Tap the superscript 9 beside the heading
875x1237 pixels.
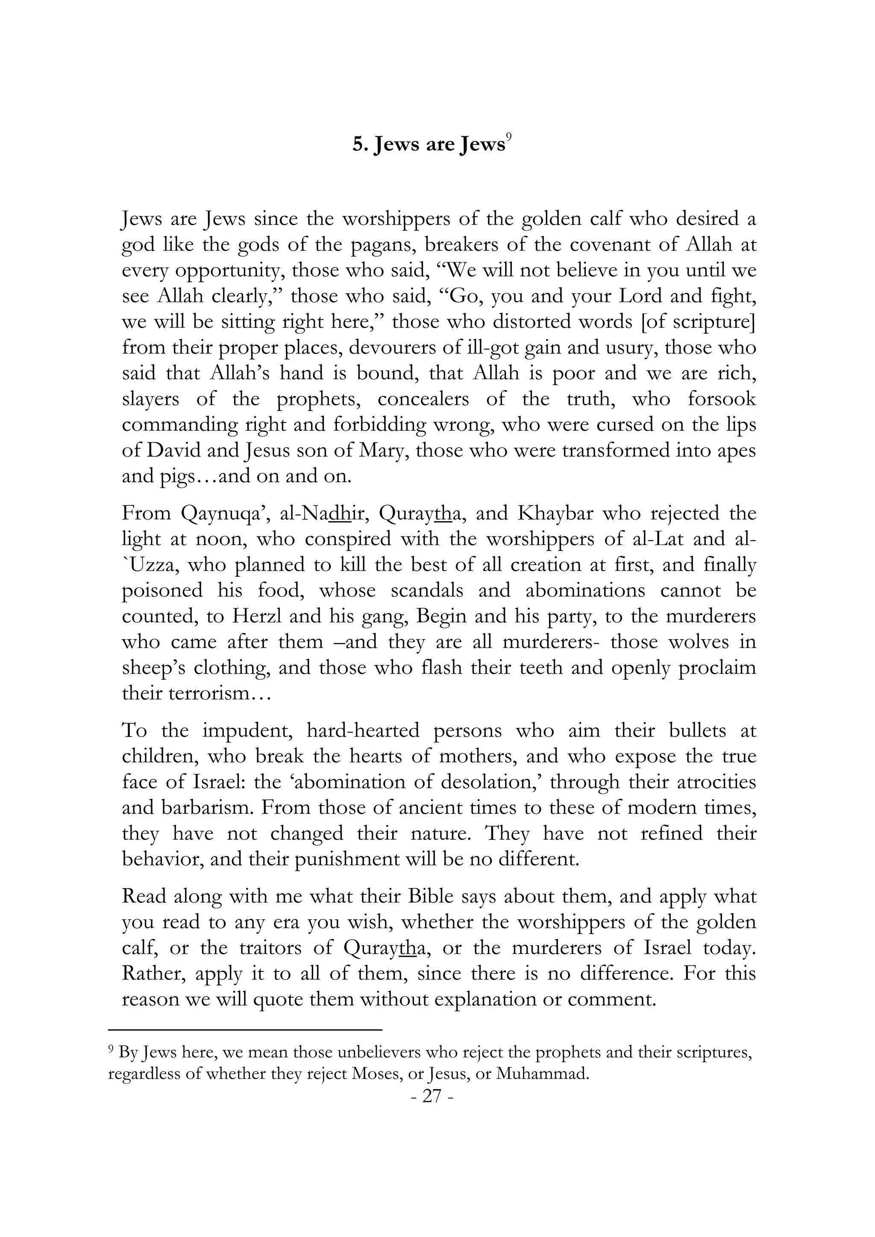pos(508,138)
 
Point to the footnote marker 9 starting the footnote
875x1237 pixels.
pos(111,1048)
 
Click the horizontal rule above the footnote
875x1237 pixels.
pos(245,1029)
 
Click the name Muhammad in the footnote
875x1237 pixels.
pos(541,1074)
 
